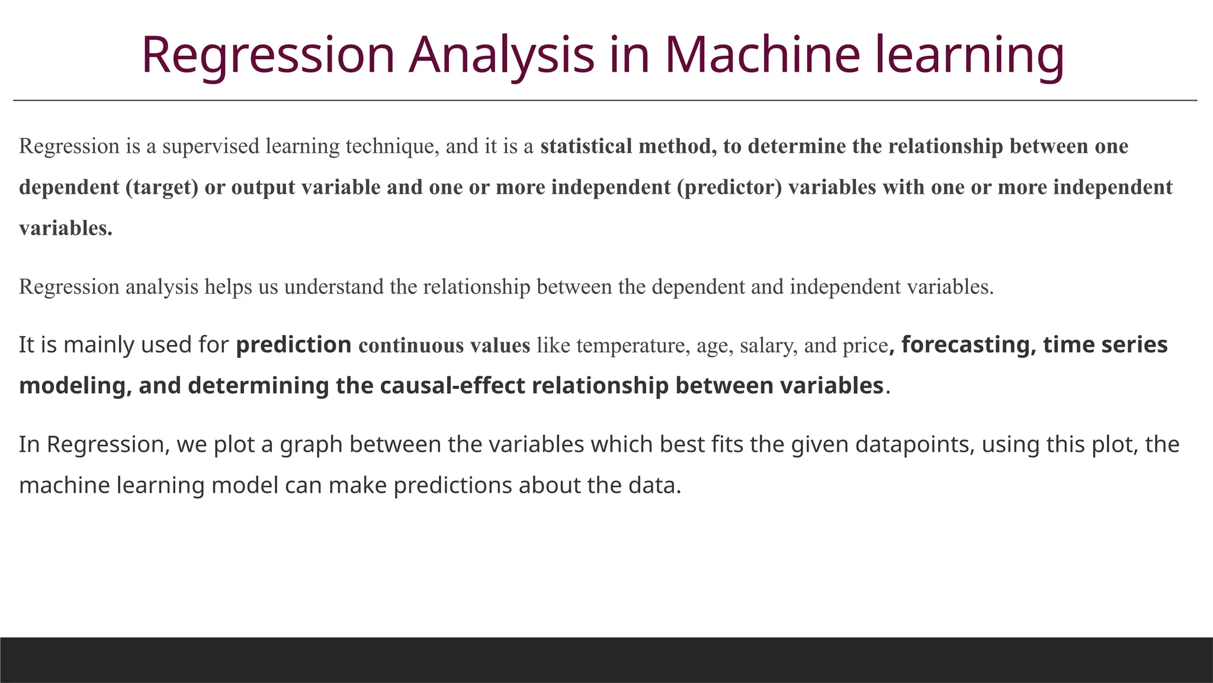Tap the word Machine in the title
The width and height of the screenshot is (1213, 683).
762,55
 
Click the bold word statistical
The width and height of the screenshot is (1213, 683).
586,146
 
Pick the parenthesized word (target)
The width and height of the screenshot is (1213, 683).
162,187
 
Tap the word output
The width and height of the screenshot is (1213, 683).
263,187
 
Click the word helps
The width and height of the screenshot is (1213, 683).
228,287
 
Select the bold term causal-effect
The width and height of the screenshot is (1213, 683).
452,386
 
